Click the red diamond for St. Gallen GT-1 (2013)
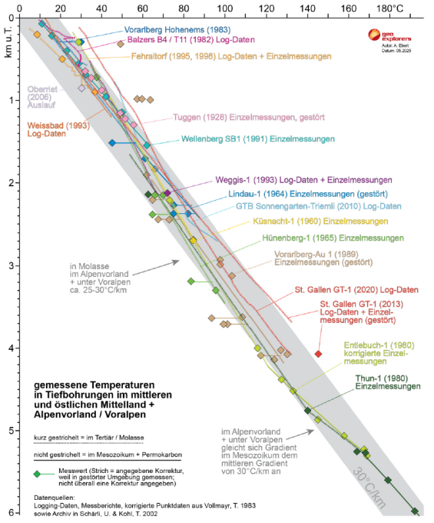318,354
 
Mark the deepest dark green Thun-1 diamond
415,511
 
